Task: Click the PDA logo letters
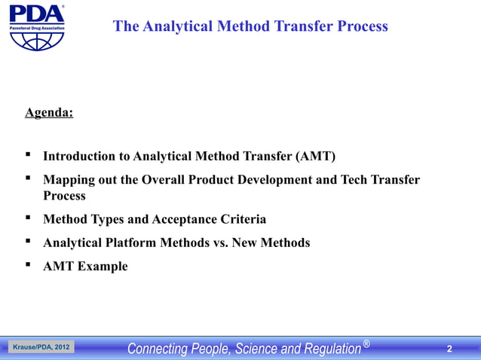[x=35, y=14]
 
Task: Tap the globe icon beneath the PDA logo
[x=36, y=40]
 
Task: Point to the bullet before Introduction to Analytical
[x=28, y=156]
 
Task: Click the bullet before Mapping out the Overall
[x=28, y=179]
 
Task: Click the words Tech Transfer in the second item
[x=380, y=180]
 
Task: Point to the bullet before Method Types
[x=28, y=219]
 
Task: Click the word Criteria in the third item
[x=240, y=220]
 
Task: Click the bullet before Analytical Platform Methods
[x=28, y=242]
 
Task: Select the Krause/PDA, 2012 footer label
[x=41, y=347]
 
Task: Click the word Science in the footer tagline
[x=259, y=348]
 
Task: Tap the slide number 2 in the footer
[x=450, y=348]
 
